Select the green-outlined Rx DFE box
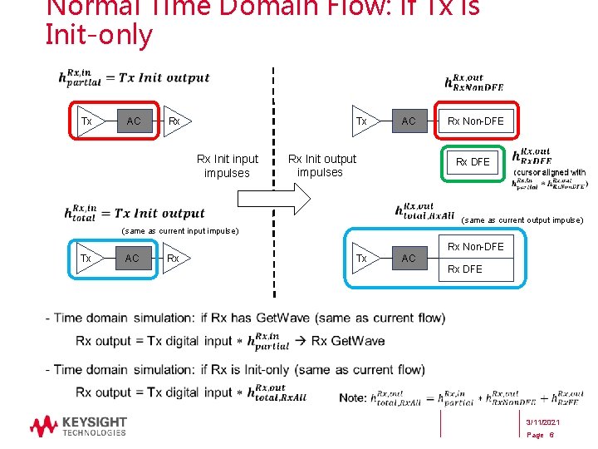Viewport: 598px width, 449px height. tap(473, 161)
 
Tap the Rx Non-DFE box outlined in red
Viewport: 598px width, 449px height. tap(475, 121)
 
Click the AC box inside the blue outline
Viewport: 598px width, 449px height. tap(409, 259)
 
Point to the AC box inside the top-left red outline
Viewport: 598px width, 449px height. tap(133, 121)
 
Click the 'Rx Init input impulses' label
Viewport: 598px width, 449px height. tap(227, 165)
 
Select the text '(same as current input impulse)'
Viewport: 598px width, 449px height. tap(179, 230)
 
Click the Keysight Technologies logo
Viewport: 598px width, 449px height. tap(78, 427)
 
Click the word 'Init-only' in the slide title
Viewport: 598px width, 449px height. tap(100, 36)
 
